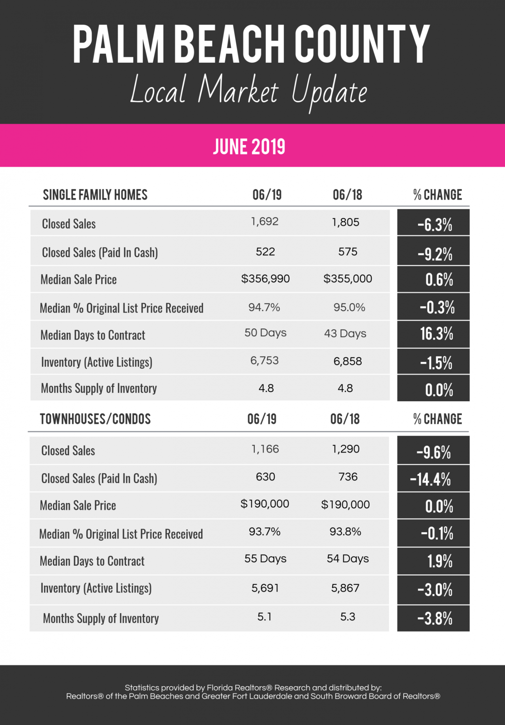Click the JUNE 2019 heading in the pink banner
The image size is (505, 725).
249,147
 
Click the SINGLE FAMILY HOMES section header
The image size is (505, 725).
95,195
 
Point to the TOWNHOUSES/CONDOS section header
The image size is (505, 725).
95,419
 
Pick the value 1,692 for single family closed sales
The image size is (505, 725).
265,221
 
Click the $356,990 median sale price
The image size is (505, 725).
265,279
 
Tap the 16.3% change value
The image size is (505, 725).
436,333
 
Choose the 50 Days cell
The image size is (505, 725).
265,333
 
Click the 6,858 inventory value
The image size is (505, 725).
348,361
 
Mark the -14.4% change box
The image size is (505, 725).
433,479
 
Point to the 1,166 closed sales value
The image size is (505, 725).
265,449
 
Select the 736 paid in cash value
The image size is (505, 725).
348,477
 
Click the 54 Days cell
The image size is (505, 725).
348,559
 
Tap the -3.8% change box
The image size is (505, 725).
434,618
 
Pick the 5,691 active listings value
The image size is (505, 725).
265,588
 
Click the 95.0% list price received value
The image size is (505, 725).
349,307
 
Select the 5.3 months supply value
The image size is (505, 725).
348,617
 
